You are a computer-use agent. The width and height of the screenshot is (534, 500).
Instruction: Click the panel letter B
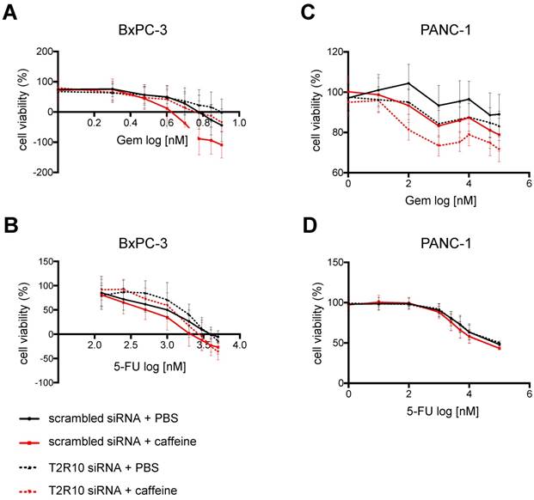[x=9, y=211]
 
